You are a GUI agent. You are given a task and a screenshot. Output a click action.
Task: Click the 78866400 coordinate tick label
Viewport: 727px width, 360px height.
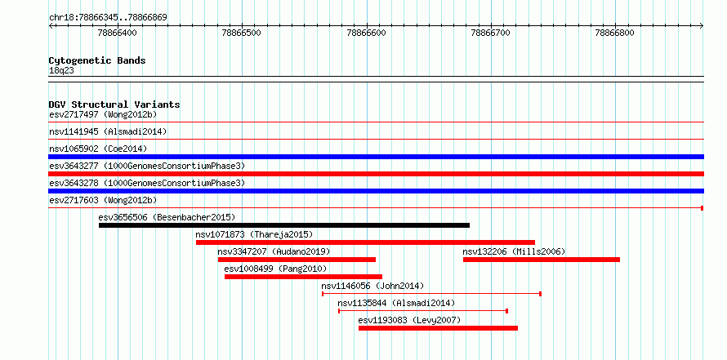click(x=118, y=33)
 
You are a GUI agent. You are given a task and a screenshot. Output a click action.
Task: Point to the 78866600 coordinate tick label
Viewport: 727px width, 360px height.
click(x=366, y=33)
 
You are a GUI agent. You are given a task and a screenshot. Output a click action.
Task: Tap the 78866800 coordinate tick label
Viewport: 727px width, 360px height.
click(x=615, y=33)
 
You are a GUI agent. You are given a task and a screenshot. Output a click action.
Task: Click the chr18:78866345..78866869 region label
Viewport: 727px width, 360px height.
click(x=108, y=18)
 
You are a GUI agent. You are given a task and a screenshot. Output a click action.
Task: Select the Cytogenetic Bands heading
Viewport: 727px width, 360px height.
click(x=97, y=60)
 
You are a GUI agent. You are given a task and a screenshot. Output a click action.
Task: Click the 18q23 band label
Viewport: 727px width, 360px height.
click(x=61, y=71)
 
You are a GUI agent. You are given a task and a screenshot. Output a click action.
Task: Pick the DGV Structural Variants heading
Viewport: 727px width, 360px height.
click(x=114, y=104)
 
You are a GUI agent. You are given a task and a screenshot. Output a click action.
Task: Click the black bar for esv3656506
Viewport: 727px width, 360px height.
click(x=284, y=225)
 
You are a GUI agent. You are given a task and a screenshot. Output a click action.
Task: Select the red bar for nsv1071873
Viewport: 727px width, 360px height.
click(x=365, y=242)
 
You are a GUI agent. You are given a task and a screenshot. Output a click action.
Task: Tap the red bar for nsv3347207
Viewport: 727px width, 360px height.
click(x=297, y=260)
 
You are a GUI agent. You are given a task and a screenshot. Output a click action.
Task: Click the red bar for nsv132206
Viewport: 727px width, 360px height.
click(x=542, y=260)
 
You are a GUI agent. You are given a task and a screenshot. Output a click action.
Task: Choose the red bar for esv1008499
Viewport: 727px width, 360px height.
click(x=303, y=277)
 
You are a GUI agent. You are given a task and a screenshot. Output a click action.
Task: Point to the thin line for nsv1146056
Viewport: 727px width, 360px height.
click(x=431, y=294)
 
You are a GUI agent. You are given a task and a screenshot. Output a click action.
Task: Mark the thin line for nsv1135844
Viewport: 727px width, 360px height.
click(x=423, y=311)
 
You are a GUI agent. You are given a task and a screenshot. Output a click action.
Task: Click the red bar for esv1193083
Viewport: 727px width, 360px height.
click(x=438, y=328)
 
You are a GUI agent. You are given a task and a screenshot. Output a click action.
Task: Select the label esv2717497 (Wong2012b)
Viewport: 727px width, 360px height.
click(x=103, y=114)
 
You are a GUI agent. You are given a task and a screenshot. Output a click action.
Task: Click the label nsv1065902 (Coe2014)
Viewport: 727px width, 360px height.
click(x=98, y=149)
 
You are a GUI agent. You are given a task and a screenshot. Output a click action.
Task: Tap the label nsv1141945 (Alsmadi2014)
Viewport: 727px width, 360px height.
click(x=108, y=131)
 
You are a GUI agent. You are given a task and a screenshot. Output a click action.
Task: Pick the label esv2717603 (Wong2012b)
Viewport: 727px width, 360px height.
click(x=103, y=200)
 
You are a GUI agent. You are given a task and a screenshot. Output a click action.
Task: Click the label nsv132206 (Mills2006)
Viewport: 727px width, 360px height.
click(x=514, y=251)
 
